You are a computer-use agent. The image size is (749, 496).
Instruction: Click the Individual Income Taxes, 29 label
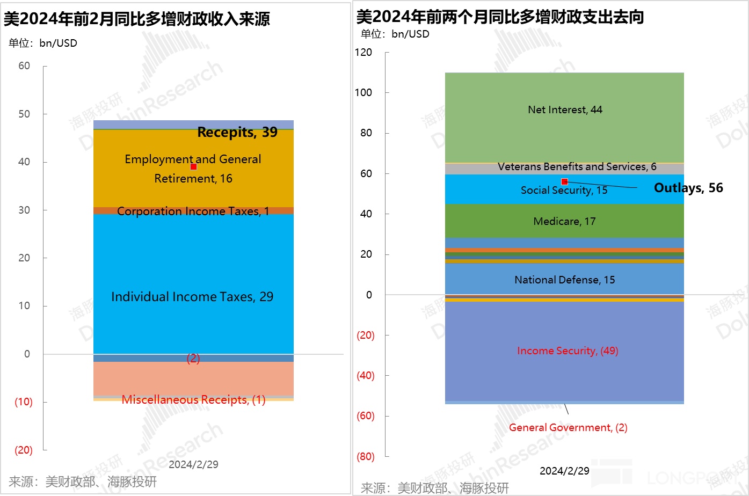[x=192, y=297]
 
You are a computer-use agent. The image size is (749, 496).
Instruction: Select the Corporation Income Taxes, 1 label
[x=193, y=211]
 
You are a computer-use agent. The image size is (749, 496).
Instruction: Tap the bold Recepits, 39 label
[x=237, y=132]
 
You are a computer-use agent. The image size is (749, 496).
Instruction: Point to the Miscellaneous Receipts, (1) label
[x=193, y=400]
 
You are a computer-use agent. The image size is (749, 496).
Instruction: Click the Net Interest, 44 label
[x=565, y=110]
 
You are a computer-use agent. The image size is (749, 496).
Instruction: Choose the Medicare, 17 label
[x=564, y=221]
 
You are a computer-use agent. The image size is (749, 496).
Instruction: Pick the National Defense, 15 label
[x=564, y=280]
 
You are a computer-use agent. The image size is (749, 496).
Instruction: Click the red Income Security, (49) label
[x=568, y=351]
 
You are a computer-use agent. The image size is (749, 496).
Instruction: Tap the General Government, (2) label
[x=568, y=427]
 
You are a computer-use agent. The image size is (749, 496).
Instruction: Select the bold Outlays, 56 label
[x=688, y=188]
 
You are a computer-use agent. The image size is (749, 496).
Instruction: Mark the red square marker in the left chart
[x=193, y=166]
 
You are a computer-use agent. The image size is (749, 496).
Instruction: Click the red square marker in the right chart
[x=564, y=181]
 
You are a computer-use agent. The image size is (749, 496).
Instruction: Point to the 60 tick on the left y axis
[x=24, y=66]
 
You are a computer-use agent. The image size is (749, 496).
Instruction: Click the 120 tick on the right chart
[x=363, y=52]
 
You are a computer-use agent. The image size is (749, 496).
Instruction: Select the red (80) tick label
[x=365, y=456]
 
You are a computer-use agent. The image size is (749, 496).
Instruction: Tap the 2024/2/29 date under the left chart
[x=193, y=464]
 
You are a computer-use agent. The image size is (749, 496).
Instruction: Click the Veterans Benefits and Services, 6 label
[x=577, y=166]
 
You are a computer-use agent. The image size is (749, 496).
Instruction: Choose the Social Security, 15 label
[x=564, y=190]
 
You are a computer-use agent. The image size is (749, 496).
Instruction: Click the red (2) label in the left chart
[x=193, y=358]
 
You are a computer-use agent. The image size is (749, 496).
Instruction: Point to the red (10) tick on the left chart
[x=23, y=402]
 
